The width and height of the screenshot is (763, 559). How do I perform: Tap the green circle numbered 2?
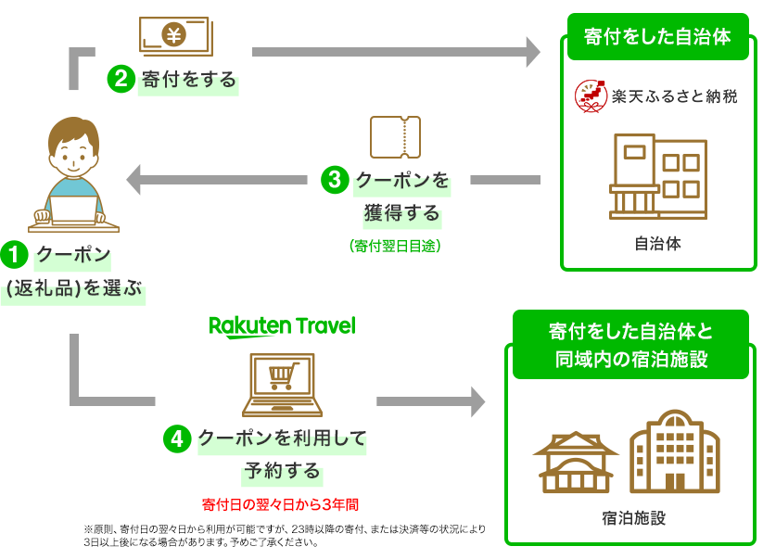click(x=121, y=80)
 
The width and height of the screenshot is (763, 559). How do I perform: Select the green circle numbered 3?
click(x=335, y=180)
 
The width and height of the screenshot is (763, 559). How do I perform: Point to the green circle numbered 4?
click(x=177, y=438)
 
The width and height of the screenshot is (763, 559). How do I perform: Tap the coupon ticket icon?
click(x=395, y=137)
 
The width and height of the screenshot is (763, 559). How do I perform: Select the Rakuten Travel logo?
click(x=282, y=326)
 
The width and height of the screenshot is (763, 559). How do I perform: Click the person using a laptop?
click(x=73, y=176)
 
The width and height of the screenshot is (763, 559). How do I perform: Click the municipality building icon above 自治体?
click(x=657, y=176)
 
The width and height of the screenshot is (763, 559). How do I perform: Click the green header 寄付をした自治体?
click(x=657, y=37)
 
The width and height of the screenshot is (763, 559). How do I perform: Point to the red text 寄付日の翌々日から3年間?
click(x=280, y=505)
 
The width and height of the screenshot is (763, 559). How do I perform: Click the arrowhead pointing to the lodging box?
click(x=477, y=402)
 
